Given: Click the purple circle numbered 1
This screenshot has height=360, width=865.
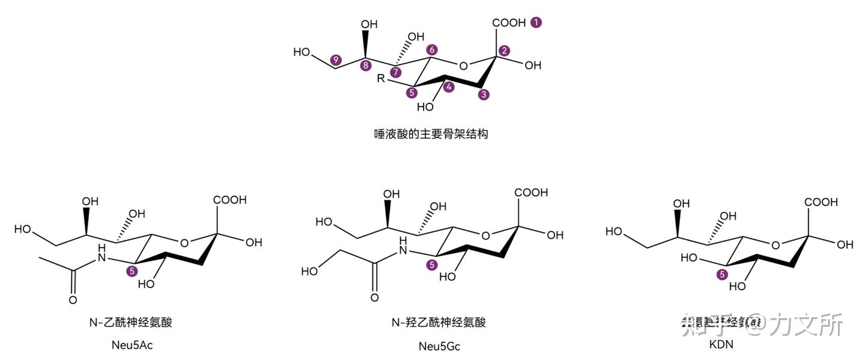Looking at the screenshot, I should click(536, 22).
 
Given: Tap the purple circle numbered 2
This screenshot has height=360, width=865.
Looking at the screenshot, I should click(504, 50).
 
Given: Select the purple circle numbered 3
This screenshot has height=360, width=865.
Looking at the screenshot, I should click(484, 94).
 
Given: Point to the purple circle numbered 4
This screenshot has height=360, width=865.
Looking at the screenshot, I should click(450, 87).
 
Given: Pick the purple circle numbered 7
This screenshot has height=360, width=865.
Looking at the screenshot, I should click(395, 73).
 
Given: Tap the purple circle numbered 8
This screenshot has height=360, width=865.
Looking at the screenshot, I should click(365, 66).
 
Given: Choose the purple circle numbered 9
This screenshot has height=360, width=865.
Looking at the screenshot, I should click(336, 59).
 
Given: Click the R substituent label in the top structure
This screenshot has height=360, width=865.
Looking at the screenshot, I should click(380, 79).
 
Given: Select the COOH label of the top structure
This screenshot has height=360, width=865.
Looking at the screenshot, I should click(509, 23).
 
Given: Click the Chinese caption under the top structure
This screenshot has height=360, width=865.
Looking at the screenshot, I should click(431, 133).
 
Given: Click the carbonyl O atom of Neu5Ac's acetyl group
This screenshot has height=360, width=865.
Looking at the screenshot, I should click(73, 300).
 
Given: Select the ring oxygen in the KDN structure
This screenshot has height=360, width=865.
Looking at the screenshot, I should click(775, 245).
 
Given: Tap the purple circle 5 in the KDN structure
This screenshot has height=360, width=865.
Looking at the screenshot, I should click(723, 274).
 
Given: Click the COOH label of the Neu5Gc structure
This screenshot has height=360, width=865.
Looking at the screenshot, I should click(531, 193).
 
